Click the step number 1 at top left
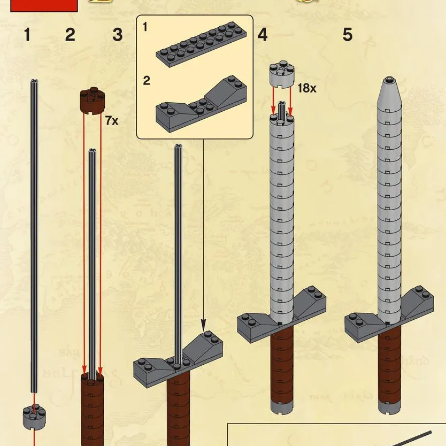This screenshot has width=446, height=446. coord(27,35)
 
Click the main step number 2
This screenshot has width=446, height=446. coord(70,35)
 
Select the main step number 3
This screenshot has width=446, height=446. coord(118,35)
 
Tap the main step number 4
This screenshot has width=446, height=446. coord(262,35)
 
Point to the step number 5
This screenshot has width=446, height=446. coord(348,35)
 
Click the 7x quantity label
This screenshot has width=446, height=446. coord(111,121)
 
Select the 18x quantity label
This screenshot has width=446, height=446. coord(306,88)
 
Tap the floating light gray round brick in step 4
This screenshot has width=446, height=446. coord(281,76)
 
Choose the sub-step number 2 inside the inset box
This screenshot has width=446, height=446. coord(147,81)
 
